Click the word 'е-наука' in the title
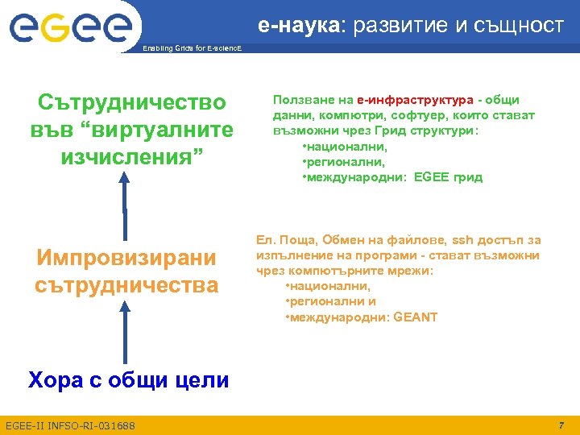point(300,25)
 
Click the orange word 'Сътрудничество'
point(133,103)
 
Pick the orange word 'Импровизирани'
point(126,258)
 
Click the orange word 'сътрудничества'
point(126,284)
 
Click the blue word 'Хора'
point(54,379)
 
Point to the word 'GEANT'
point(416,317)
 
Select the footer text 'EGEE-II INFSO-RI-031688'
point(70,425)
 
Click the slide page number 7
point(561,424)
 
